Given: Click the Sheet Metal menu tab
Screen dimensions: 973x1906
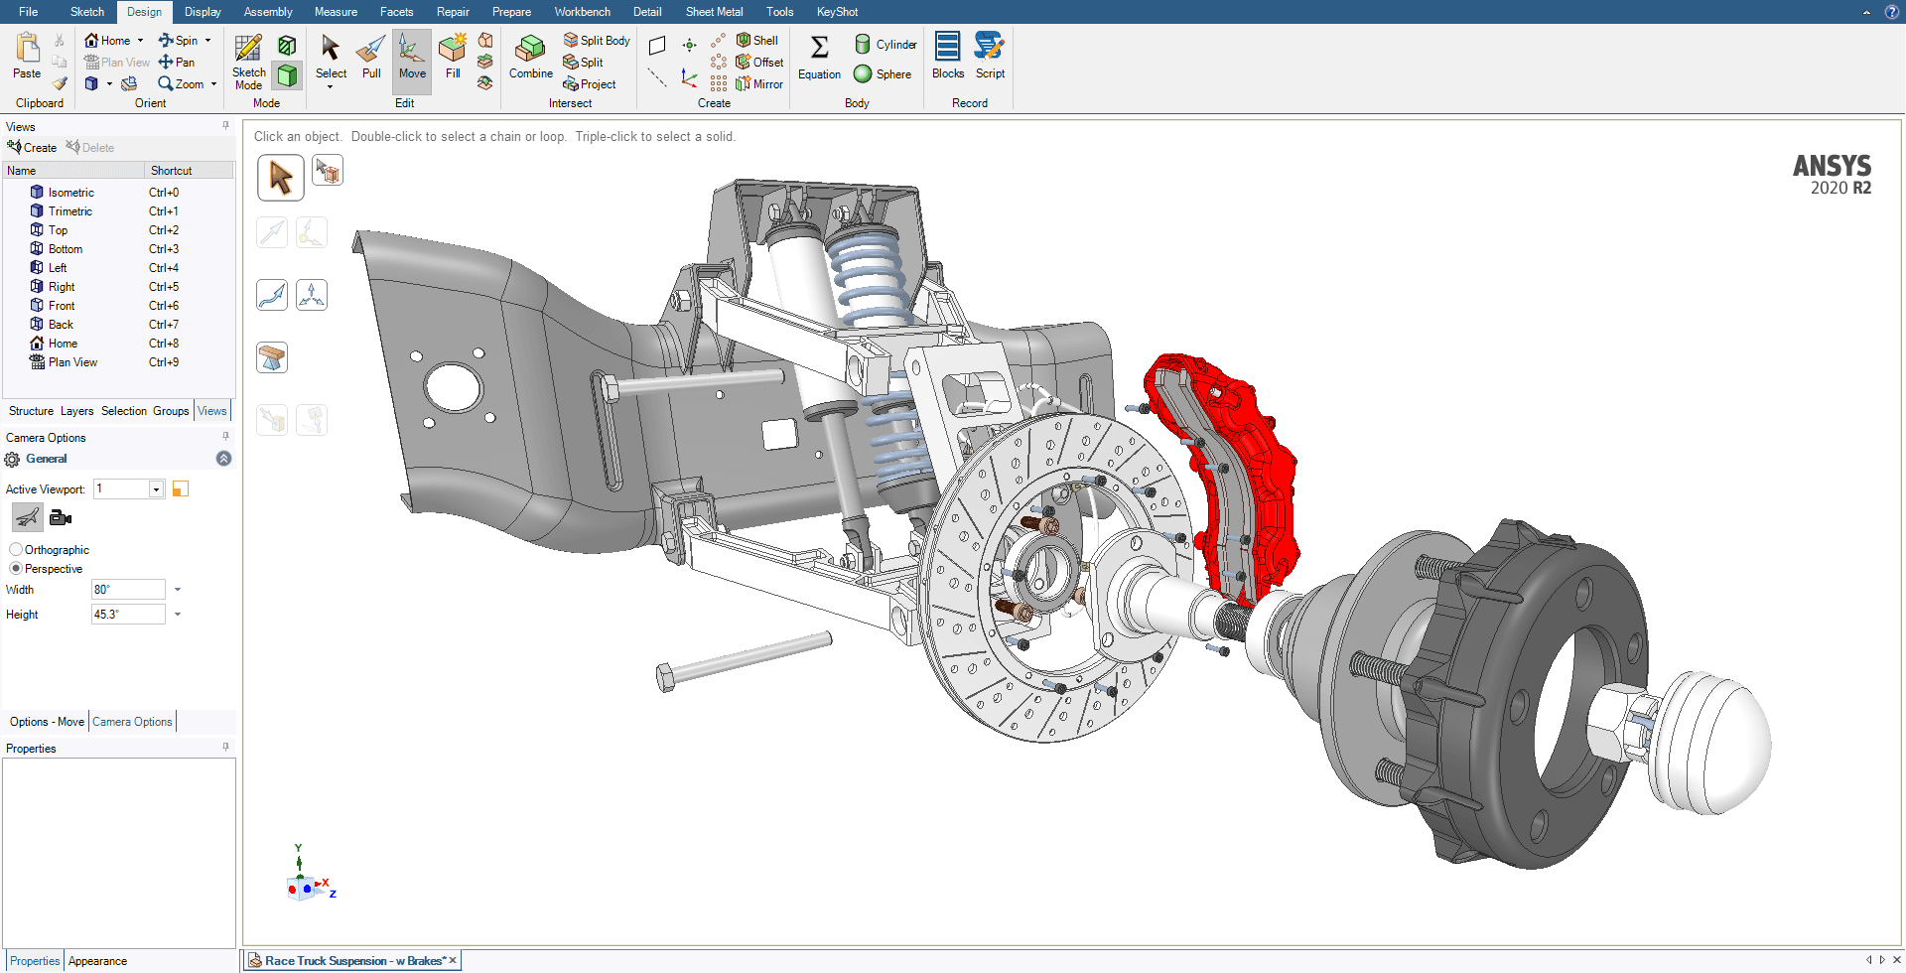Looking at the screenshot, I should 714,12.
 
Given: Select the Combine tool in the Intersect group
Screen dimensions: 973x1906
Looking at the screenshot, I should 530,57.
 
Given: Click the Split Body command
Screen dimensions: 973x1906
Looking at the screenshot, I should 597,41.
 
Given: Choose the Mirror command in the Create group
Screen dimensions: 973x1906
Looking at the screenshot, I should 759,84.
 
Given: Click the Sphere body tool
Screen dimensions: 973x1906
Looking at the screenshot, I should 883,74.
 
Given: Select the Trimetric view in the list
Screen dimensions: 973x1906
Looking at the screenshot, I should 69,211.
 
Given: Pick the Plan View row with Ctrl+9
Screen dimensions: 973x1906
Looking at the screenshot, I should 72,362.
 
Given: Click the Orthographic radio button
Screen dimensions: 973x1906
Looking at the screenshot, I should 16,550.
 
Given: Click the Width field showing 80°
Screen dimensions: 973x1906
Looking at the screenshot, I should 127,590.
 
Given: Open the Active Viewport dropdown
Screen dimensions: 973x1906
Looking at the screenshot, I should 156,489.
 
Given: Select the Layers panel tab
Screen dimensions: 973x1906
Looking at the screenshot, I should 76,411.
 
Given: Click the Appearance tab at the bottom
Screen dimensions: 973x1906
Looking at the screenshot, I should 97,961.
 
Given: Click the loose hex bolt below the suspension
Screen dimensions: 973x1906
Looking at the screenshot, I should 745,658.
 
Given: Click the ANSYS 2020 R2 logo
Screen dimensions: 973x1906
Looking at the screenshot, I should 1832,175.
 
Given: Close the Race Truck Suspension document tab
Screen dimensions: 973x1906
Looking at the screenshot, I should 453,960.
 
